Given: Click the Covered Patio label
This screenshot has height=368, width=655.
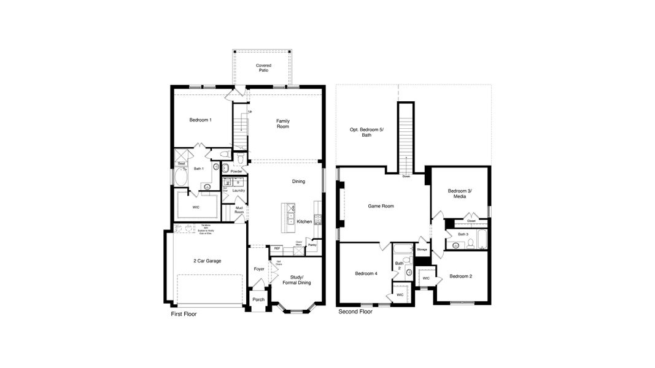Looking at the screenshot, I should (x=263, y=68).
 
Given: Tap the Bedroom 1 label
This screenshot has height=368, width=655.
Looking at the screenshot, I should (x=201, y=120).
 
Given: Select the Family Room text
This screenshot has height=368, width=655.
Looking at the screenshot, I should (x=282, y=124).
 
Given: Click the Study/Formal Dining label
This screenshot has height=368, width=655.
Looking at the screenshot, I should (x=296, y=280).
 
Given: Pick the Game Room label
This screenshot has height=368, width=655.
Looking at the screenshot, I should (x=381, y=206).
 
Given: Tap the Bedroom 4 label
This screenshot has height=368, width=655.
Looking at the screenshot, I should (x=366, y=274).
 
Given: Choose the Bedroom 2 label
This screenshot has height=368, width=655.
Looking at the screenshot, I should (x=460, y=276).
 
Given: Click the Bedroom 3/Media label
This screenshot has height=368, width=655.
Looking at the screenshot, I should (x=460, y=194).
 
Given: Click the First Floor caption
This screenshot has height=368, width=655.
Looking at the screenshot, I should (x=184, y=314).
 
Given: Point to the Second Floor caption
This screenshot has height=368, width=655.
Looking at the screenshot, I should (x=355, y=312).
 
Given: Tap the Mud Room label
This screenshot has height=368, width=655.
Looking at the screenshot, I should (x=239, y=210).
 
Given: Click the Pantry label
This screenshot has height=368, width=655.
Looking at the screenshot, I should (x=312, y=245).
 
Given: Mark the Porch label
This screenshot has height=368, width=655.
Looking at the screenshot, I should (x=258, y=300).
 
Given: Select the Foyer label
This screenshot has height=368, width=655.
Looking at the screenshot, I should (x=259, y=269).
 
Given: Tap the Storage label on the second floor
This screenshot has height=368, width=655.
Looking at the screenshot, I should (x=422, y=250).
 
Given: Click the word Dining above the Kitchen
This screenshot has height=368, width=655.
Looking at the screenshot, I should (x=298, y=182).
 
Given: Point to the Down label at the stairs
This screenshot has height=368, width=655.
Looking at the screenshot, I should (x=406, y=177).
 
